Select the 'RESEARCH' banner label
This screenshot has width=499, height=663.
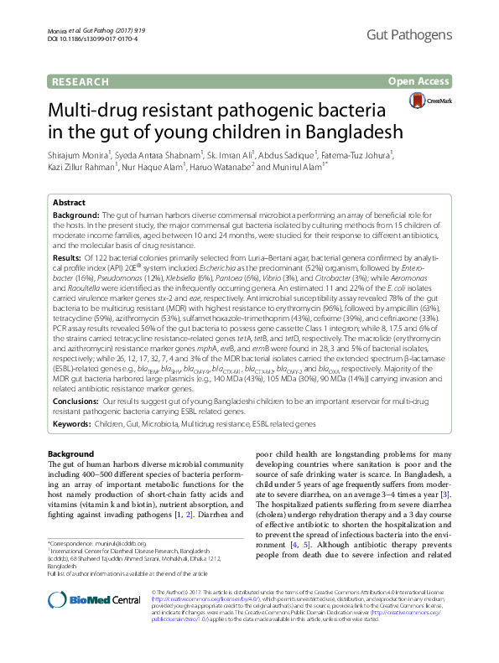(x=81, y=81)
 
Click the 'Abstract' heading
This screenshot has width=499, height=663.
(x=69, y=204)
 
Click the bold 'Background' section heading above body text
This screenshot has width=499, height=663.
(x=70, y=453)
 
